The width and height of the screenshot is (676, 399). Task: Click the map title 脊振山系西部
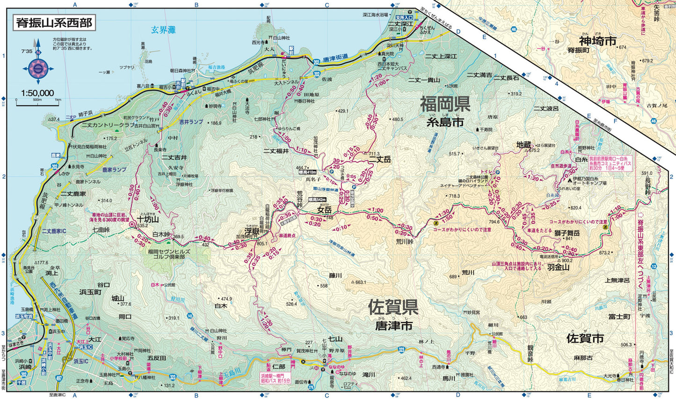coord(54,22)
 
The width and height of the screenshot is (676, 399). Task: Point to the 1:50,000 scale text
coord(37,93)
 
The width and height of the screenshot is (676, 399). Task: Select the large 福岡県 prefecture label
coord(444,104)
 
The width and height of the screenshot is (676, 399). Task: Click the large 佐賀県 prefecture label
coord(393,307)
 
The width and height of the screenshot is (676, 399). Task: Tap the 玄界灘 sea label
coord(163,30)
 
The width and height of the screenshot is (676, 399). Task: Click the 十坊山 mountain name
coord(148,219)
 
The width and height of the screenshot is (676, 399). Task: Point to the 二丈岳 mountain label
coord(379,160)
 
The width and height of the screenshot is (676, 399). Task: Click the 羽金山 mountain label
coord(558,267)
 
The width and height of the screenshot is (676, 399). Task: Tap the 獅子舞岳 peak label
coord(567,233)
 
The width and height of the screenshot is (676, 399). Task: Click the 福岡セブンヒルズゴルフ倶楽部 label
coord(169,254)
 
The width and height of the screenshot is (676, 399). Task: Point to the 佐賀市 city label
coord(585,338)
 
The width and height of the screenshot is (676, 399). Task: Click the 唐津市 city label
coord(393,325)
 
